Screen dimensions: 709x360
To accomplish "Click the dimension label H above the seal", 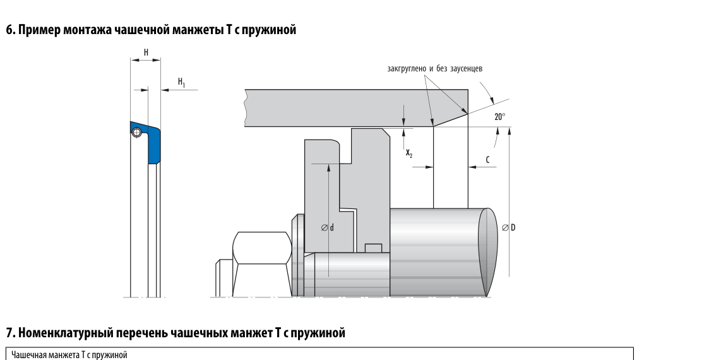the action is point(146,52).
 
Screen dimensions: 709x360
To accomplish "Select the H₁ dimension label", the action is point(181,82).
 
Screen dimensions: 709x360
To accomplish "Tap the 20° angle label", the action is point(499,117).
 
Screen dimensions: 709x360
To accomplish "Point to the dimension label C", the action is point(488,160).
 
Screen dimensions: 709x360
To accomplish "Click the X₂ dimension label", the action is point(408,153).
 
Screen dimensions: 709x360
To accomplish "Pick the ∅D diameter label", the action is point(509,227).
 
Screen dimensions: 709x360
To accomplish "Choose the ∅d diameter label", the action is point(328,227).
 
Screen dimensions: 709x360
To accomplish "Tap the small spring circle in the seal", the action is point(137,132).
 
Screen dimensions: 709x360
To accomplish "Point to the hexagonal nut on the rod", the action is point(262,248).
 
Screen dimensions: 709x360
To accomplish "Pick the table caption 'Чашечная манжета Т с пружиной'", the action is point(69,354).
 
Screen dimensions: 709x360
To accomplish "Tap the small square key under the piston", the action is point(374,248).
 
